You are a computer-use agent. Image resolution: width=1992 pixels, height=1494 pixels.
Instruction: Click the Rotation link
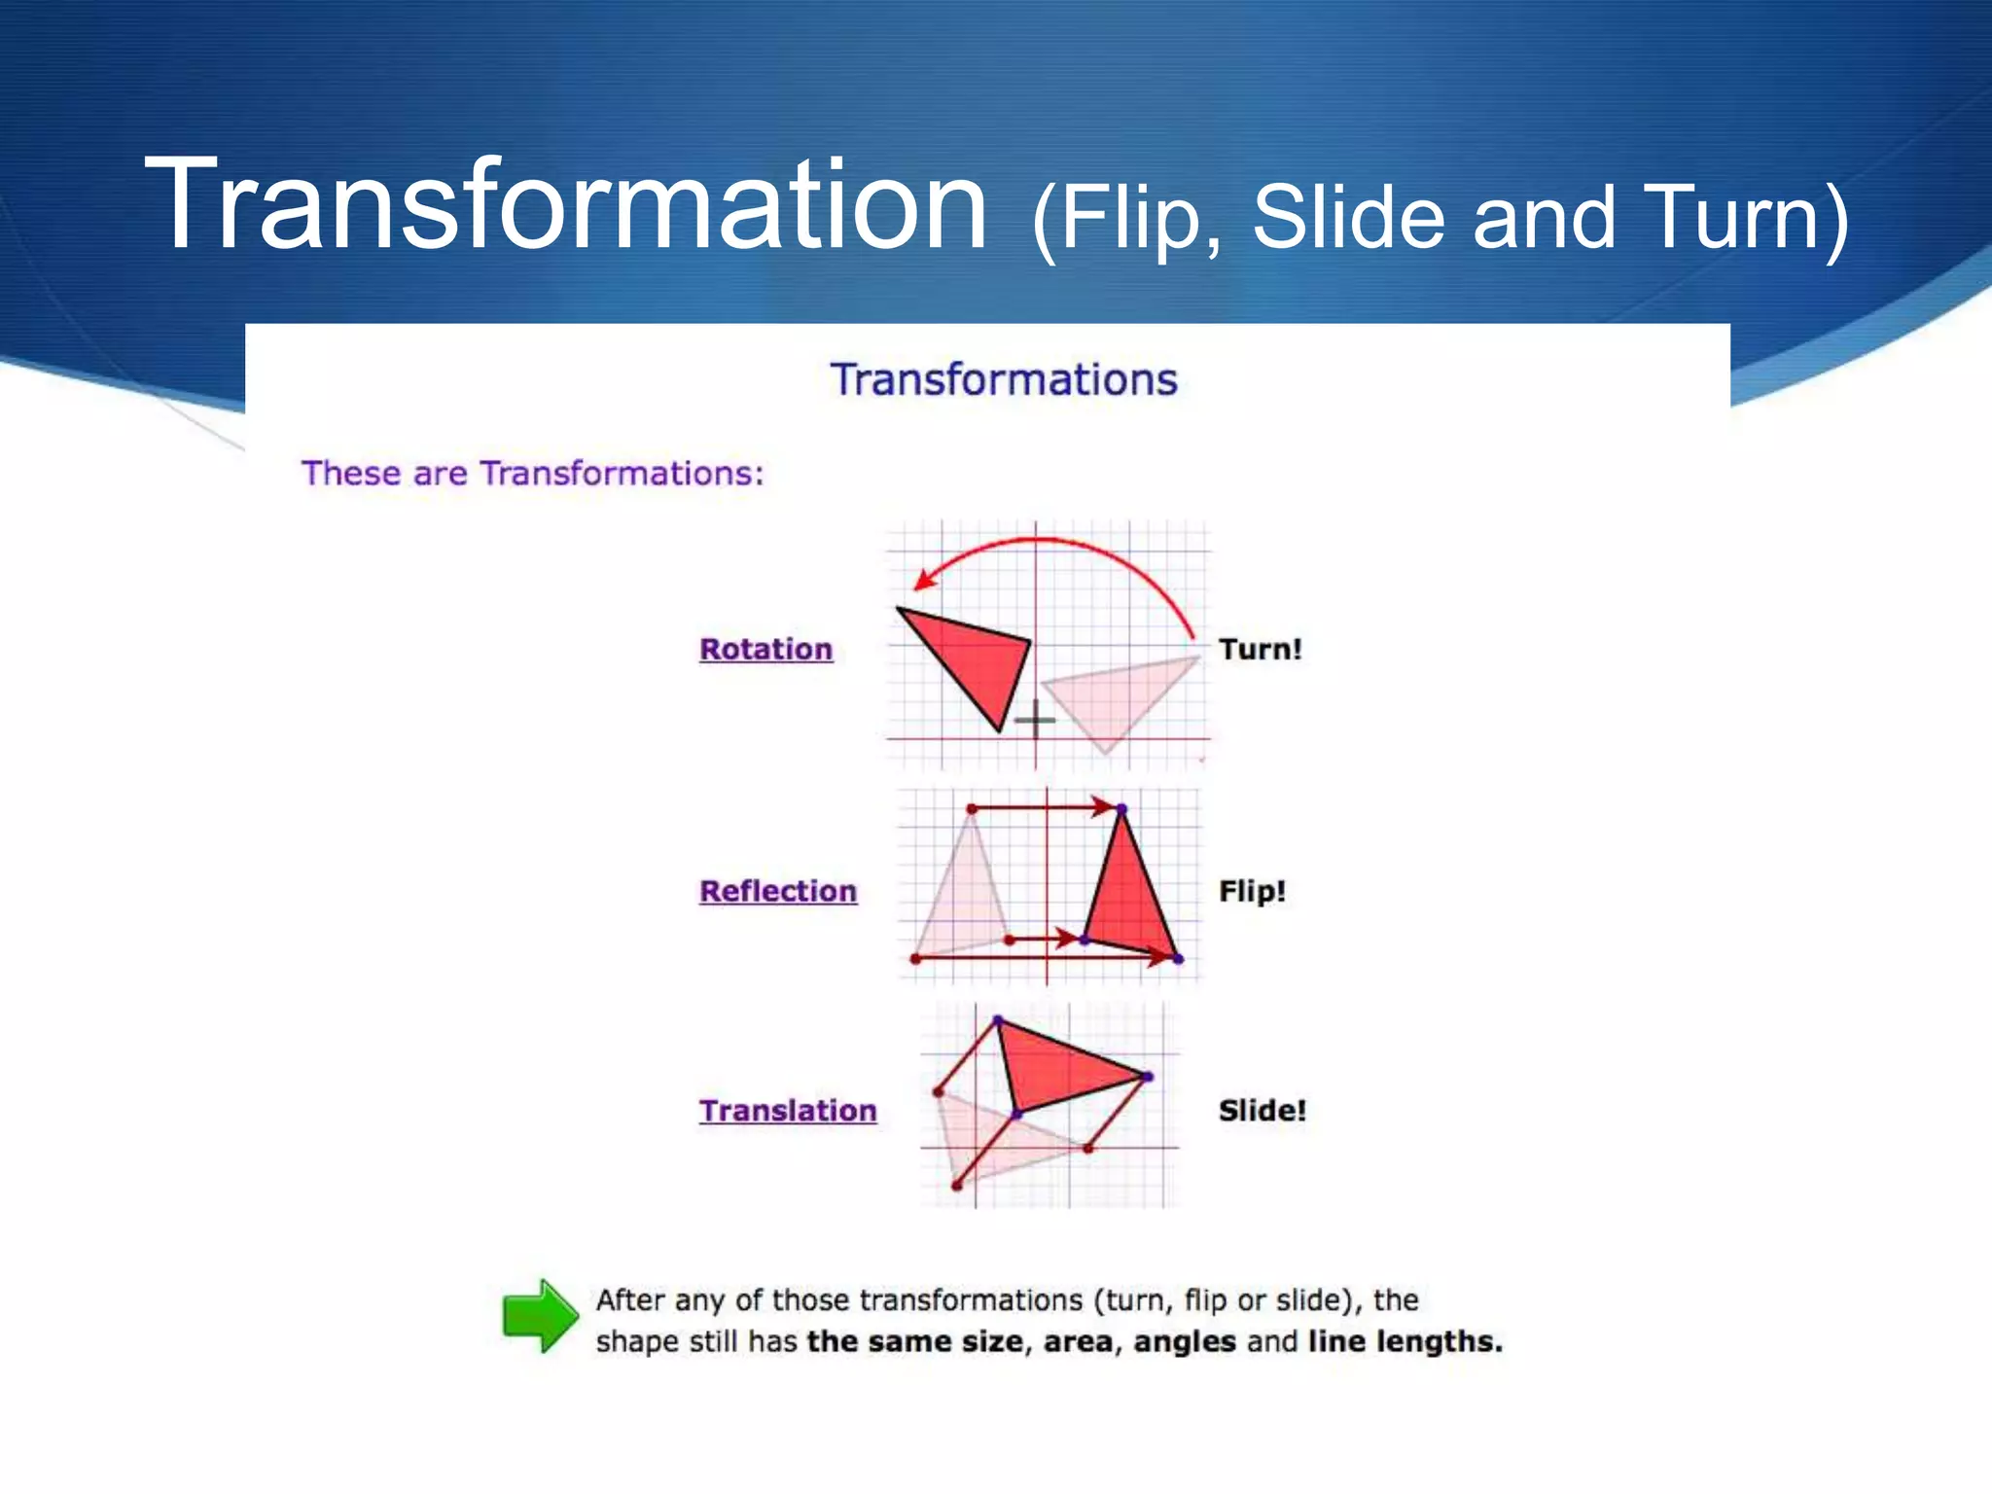click(765, 649)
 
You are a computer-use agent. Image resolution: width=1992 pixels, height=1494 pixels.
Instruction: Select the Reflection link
click(777, 891)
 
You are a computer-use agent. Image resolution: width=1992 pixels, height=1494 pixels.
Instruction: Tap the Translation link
click(787, 1110)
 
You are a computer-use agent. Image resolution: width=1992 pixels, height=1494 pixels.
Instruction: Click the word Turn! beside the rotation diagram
click(1260, 649)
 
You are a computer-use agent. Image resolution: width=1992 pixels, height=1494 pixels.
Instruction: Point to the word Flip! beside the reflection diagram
click(1252, 891)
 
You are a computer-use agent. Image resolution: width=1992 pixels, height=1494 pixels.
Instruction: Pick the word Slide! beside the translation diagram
click(1262, 1110)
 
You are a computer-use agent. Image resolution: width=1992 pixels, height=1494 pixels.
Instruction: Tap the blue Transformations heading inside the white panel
click(1003, 379)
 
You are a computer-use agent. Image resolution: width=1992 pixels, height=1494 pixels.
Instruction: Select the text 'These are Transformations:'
click(532, 474)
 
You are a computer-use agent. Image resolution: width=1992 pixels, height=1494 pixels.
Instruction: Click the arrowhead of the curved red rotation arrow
click(922, 582)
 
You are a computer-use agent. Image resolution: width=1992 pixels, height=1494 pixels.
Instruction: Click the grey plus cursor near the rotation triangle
click(1034, 720)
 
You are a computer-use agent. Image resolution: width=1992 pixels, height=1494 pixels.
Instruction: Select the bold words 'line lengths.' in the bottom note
click(1405, 1342)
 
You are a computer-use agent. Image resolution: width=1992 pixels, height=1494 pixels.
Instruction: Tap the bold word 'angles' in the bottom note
click(1184, 1342)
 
